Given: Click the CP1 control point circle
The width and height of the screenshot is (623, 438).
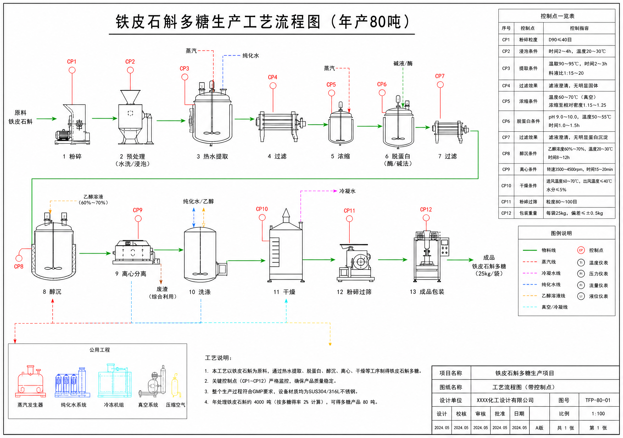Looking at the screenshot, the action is (72, 70).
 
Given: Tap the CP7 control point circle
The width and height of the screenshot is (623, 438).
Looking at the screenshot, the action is (440, 85).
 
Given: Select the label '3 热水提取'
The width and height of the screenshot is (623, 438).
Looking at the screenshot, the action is (212, 156).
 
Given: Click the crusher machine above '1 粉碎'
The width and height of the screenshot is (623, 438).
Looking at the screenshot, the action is (72, 124).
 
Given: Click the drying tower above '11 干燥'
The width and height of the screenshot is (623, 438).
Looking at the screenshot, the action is (286, 245).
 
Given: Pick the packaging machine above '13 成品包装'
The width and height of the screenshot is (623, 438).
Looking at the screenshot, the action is (431, 256).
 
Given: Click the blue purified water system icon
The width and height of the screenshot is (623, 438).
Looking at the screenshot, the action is (72, 382).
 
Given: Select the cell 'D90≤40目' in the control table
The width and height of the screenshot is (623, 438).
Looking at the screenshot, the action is (560, 40).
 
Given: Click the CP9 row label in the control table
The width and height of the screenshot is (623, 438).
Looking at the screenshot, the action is (506, 169).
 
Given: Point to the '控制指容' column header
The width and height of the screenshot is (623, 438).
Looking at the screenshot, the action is (579, 28).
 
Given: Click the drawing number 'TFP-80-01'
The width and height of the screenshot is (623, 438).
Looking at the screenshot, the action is (598, 400).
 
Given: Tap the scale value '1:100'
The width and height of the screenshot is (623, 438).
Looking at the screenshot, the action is (598, 414).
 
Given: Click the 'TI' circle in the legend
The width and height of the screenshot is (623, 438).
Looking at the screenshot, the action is (581, 262).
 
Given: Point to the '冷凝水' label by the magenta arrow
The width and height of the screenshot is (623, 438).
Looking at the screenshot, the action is (347, 191).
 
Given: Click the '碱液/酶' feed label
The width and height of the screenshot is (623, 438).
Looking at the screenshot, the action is (403, 63).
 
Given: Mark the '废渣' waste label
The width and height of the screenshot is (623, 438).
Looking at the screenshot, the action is (162, 289).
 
